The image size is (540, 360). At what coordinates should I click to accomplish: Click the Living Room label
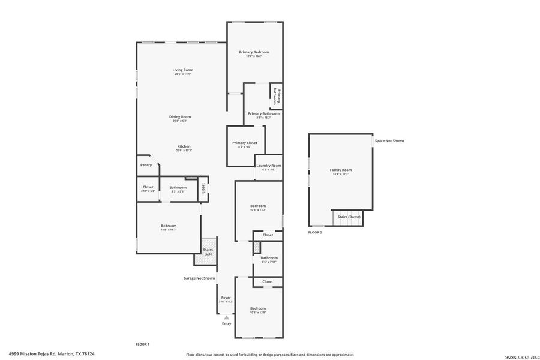(x=183, y=70)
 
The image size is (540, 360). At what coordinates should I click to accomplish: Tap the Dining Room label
(x=180, y=117)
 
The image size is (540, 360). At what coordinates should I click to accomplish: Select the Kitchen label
(x=184, y=147)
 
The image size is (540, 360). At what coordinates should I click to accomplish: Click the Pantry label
(x=146, y=165)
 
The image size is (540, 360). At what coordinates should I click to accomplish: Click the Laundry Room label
(x=268, y=166)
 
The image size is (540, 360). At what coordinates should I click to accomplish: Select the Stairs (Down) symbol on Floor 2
(x=348, y=217)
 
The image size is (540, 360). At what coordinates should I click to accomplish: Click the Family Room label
(x=341, y=170)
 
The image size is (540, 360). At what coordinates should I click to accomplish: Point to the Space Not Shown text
(x=389, y=141)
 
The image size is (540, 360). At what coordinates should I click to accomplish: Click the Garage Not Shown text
(x=199, y=278)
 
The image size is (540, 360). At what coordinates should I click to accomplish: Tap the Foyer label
(x=226, y=298)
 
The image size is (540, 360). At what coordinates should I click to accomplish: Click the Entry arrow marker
(x=226, y=318)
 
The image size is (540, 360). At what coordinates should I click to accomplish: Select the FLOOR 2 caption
(x=315, y=232)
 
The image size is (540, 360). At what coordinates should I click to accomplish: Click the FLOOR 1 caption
(x=142, y=344)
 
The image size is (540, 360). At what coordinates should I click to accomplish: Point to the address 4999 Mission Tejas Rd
(x=52, y=354)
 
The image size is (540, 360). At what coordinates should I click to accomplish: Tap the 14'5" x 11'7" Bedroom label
(x=168, y=226)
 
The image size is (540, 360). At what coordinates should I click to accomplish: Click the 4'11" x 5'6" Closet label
(x=148, y=187)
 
